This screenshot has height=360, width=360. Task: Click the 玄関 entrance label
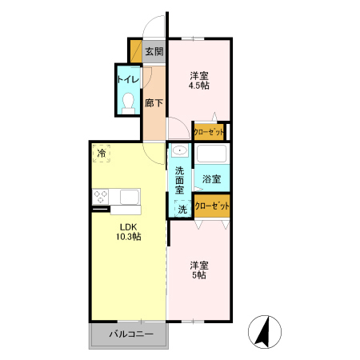(x=154, y=52)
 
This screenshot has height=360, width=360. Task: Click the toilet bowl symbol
(x=128, y=102)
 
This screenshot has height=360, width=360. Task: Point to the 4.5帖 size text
(x=199, y=86)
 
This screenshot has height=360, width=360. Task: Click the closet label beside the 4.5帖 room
(x=209, y=130)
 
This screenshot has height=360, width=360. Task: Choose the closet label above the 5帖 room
(x=212, y=206)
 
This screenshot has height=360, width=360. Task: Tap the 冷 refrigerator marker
(x=102, y=152)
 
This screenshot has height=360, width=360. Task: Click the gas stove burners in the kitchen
(x=102, y=195)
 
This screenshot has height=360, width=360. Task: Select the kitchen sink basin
(x=128, y=196)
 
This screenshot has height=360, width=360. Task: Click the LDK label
(x=126, y=226)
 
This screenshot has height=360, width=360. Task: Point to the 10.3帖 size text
(x=126, y=238)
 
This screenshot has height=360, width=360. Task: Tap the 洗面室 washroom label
(x=180, y=181)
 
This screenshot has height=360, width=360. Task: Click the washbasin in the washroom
(x=180, y=151)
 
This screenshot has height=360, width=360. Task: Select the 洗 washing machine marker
(x=182, y=210)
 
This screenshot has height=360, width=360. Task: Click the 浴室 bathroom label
(x=211, y=178)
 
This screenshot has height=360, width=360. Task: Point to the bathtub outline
(x=212, y=154)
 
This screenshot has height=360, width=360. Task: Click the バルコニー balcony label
(x=127, y=335)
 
